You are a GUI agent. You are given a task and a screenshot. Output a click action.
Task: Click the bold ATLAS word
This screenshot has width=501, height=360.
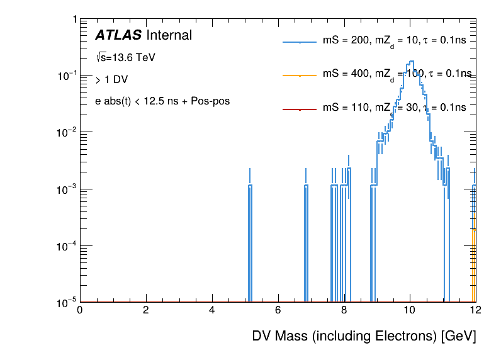[x=118, y=36]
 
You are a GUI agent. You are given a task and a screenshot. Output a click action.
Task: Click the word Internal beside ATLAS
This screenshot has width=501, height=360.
[x=169, y=36]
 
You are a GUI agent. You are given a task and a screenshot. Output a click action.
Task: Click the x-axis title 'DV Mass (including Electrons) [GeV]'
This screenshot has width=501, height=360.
[x=364, y=336]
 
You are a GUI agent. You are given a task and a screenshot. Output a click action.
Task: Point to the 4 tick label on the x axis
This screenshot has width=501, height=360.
[x=211, y=310]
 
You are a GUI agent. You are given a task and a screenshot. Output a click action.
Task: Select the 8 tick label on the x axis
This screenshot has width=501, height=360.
[x=344, y=310]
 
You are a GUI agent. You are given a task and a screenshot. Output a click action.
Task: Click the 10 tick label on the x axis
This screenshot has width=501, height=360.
[x=410, y=310]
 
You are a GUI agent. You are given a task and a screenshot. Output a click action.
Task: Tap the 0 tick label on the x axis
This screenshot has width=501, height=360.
[x=79, y=310]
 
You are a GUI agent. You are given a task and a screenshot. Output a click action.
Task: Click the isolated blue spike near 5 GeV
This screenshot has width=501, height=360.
[x=250, y=239]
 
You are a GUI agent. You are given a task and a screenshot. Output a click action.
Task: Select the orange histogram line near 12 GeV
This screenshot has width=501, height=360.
[x=473, y=264]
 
